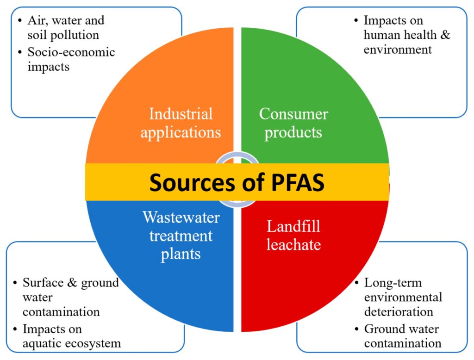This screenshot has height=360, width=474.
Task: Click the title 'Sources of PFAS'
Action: point(237,182)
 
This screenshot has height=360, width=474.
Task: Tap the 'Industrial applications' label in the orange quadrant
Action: point(181,123)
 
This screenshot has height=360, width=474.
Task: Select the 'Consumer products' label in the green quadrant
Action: point(293,123)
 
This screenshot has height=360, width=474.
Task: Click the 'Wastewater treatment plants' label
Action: point(181,236)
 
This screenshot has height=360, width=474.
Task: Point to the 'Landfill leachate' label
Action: point(293,236)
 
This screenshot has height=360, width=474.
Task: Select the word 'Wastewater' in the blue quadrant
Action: point(181,217)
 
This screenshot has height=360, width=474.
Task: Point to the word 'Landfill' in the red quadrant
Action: point(293,226)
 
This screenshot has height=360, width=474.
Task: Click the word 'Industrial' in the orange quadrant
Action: point(181,114)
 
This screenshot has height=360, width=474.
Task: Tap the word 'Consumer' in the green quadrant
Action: point(293,114)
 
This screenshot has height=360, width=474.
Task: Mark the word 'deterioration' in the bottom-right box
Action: point(399,311)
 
